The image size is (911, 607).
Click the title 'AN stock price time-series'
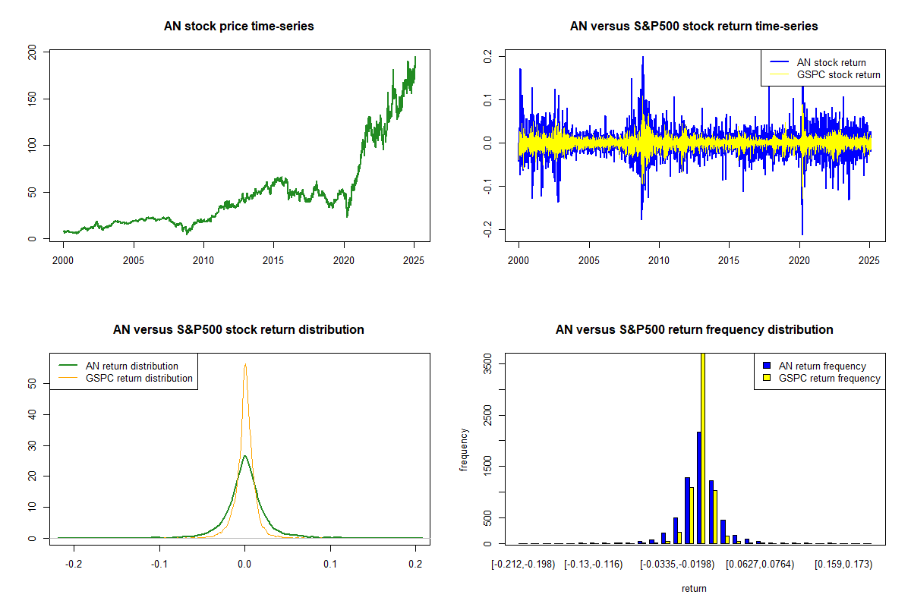pyautogui.click(x=238, y=27)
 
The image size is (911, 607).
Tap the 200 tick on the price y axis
pyautogui.click(x=31, y=52)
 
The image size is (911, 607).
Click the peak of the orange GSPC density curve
pyautogui.click(x=245, y=364)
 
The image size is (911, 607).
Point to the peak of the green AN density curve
pyautogui.click(x=244, y=456)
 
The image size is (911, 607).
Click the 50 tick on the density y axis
pyautogui.click(x=31, y=384)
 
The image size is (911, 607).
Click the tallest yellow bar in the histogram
pyautogui.click(x=703, y=448)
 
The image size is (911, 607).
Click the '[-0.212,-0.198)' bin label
pyautogui.click(x=523, y=565)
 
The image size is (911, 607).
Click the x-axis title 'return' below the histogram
pyautogui.click(x=694, y=588)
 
